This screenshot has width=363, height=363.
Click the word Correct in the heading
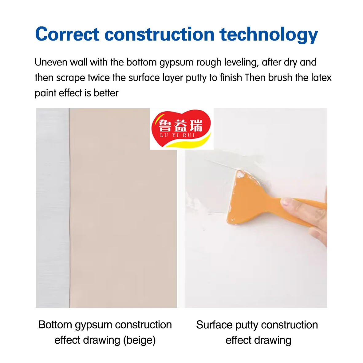coord(67,34)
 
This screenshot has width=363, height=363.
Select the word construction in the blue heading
coord(160,34)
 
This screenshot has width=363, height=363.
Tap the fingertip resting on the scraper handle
coord(287,202)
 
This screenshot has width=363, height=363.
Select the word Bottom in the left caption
coord(55,325)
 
